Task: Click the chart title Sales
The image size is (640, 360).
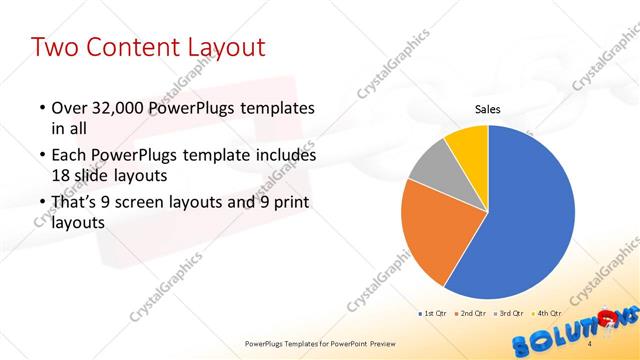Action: [487, 110]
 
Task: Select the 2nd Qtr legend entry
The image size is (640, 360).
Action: [473, 313]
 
